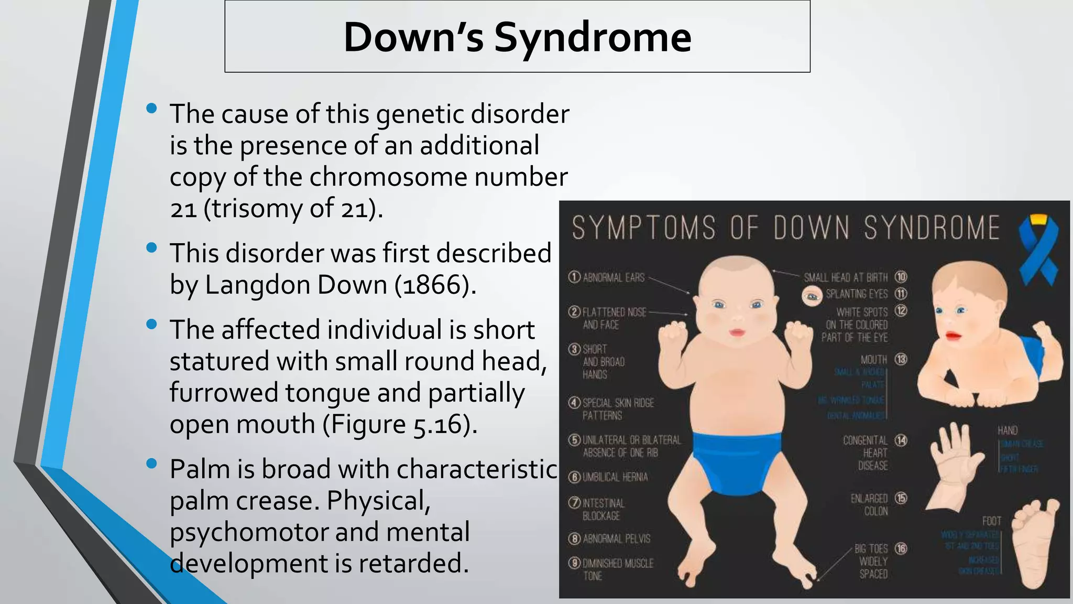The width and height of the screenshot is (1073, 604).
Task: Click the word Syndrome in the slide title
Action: (593, 38)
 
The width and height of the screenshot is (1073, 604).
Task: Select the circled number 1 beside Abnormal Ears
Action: (574, 277)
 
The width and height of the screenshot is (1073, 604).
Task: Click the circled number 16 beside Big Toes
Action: (901, 548)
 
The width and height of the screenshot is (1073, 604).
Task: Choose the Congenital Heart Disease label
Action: (866, 452)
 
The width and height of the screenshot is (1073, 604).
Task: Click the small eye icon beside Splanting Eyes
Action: (812, 296)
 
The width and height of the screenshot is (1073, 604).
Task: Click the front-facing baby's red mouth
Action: (737, 332)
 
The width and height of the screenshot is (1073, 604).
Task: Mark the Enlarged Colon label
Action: (870, 504)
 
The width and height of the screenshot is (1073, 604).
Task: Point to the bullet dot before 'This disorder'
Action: (152, 247)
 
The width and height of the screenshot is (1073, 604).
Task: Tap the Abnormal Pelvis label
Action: (616, 538)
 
